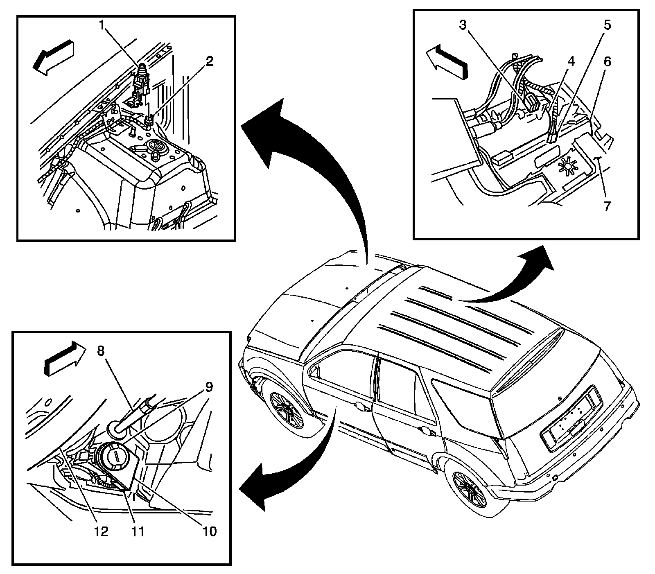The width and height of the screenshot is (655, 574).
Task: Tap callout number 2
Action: click(209, 62)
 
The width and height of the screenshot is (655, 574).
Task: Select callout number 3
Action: click(463, 26)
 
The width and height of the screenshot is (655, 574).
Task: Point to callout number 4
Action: click(571, 62)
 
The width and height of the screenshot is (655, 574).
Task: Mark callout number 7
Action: click(607, 206)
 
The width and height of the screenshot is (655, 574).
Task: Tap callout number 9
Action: click(209, 386)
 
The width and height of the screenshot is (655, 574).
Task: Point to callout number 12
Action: click(101, 531)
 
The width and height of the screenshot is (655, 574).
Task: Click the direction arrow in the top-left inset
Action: click(54, 58)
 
